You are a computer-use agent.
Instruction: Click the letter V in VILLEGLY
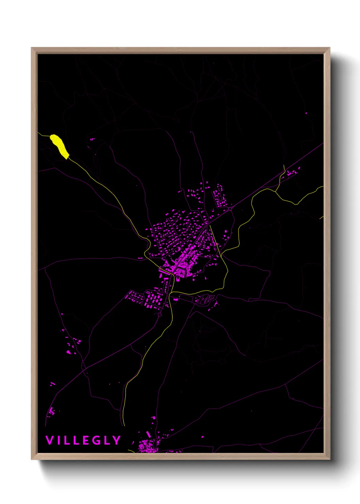pos(49,440)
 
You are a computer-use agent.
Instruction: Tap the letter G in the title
pos(96,440)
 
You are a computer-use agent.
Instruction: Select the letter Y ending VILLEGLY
pos(117,440)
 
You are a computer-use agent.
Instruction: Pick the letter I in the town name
pos(59,440)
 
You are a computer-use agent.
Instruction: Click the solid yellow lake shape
pos(59,146)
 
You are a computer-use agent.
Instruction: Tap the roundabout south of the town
pos(160,314)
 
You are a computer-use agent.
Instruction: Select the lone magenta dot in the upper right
pos(306,113)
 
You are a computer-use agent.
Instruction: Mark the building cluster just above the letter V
pos(51,411)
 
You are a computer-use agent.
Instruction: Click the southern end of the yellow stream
pos(124,425)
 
